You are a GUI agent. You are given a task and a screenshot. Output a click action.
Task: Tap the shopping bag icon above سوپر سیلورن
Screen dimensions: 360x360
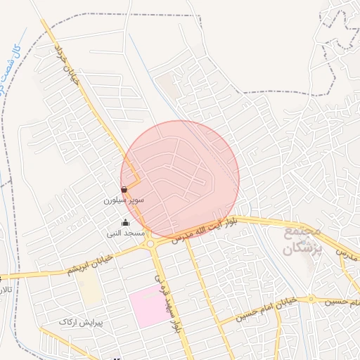124,189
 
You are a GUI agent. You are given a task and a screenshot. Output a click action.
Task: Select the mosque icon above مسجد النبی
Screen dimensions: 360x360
125,223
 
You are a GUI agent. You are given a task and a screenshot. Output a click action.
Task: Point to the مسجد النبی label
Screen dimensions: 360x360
125,233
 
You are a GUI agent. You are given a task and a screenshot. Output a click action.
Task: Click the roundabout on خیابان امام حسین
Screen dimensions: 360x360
311,300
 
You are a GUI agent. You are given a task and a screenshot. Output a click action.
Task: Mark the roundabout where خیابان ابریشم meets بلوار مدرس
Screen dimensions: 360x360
150,243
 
